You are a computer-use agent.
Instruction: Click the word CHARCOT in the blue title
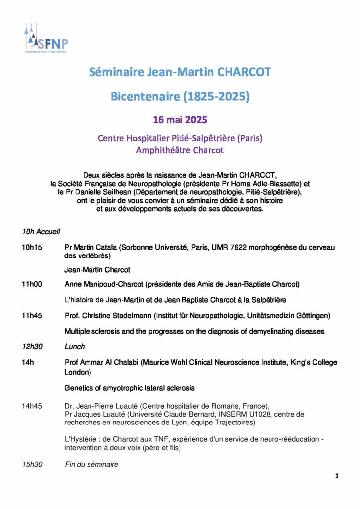tap(245, 72)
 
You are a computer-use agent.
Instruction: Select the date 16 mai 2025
tap(180, 120)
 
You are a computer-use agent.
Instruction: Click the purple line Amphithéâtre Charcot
tap(180, 150)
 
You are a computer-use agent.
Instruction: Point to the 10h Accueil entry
tap(41, 231)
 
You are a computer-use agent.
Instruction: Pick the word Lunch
tap(75, 346)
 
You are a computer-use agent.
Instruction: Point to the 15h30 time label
tap(32, 465)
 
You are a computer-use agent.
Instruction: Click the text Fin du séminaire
tap(91, 465)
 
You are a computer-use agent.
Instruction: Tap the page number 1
tap(337, 476)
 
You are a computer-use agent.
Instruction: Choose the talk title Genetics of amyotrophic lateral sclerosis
tap(129, 387)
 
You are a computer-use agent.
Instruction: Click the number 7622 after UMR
tap(234, 247)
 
